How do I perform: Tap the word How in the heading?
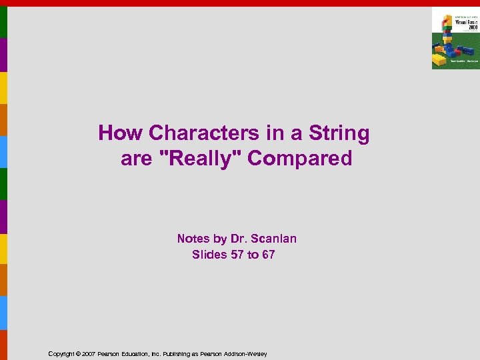pos(121,133)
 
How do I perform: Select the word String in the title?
pos(339,133)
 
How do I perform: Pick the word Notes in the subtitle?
pos(193,239)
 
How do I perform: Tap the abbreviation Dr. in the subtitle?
pos(239,239)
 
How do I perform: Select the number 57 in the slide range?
pos(237,255)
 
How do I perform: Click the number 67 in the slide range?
pos(267,255)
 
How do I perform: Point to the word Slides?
pos(209,255)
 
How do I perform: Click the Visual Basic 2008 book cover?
pos(455,38)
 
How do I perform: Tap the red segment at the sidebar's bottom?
pos(3,345)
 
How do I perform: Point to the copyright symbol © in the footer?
pos(77,354)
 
